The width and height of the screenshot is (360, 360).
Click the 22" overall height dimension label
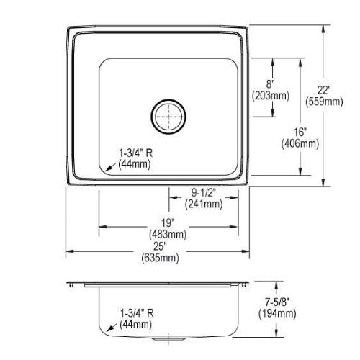click(324, 91)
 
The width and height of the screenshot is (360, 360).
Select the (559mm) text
click(324, 102)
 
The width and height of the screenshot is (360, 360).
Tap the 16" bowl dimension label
click(300, 132)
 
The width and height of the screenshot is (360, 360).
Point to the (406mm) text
click(300, 143)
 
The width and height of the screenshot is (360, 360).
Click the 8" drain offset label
click(270, 84)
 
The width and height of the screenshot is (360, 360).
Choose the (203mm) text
click(271, 96)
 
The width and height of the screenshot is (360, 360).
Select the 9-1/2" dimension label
click(204, 192)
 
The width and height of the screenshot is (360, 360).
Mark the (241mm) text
click(204, 204)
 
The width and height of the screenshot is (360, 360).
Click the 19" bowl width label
click(167, 222)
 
